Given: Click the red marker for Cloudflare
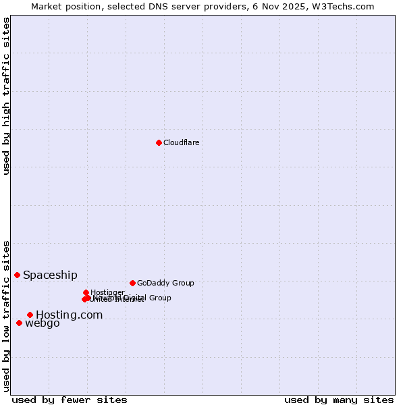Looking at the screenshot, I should click(159, 142).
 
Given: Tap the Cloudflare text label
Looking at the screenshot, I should click(181, 142).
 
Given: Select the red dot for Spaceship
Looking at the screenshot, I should click(17, 275).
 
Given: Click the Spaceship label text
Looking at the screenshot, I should click(50, 275).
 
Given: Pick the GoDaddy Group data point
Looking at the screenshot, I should click(132, 283).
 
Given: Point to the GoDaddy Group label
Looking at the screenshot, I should click(165, 283).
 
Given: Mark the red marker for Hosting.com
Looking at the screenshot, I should click(30, 315).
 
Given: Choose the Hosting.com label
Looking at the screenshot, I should click(69, 315).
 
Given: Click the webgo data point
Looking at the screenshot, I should click(19, 323).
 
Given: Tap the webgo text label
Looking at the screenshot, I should click(42, 323).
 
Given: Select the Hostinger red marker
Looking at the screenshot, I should click(86, 292).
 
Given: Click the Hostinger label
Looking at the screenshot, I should click(107, 292).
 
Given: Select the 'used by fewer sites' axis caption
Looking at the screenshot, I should click(70, 400).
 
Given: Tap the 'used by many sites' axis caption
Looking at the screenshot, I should click(339, 400).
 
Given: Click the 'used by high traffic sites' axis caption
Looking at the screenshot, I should click(6, 96).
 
